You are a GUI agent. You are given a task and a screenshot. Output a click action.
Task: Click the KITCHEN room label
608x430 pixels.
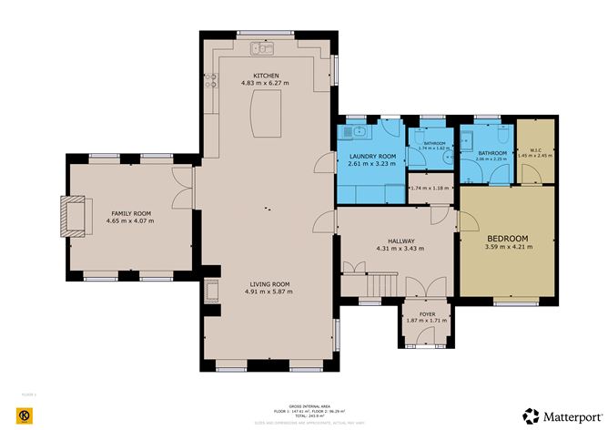pyautogui.click(x=266, y=76)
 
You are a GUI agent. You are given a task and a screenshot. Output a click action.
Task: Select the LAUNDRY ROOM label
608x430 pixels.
pyautogui.click(x=371, y=157)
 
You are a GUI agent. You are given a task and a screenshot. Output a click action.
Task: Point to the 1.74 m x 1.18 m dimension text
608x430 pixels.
pyautogui.click(x=431, y=189)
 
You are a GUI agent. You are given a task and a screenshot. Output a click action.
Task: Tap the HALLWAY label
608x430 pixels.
pyautogui.click(x=396, y=241)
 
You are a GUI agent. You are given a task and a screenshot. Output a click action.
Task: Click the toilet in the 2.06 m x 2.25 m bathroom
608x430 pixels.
pyautogui.click(x=465, y=142)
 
